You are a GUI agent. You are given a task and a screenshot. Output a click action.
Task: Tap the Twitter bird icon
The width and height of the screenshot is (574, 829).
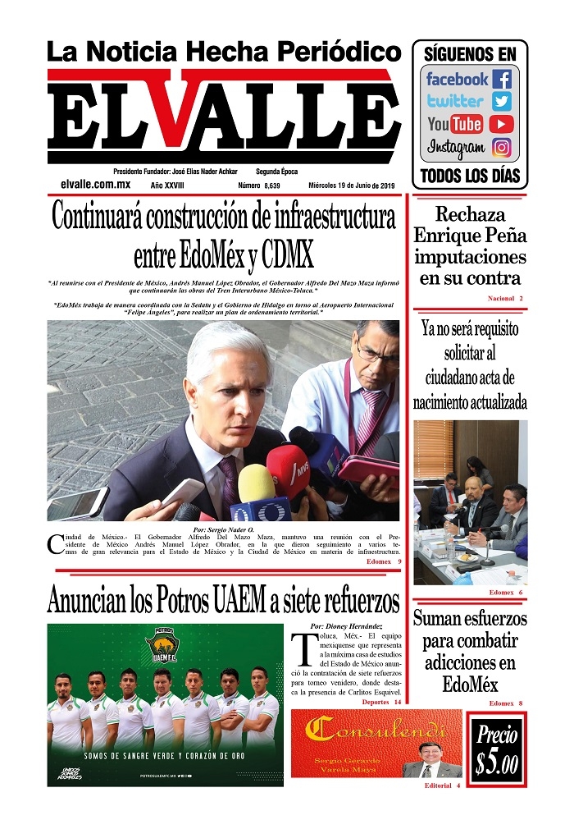pyautogui.click(x=502, y=102)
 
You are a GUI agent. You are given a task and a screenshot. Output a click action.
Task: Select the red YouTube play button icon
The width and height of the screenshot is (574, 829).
pyautogui.click(x=501, y=125)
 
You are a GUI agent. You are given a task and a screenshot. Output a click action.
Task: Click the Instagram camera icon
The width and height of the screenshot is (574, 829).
pyautogui.click(x=502, y=148)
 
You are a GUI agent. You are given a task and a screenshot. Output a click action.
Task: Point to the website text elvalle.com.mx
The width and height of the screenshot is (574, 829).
pyautogui.click(x=96, y=185)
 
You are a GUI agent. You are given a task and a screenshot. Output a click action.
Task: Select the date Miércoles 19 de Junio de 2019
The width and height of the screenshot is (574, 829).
pyautogui.click(x=352, y=186)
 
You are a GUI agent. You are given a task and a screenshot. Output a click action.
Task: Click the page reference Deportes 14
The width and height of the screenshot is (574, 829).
pyautogui.click(x=381, y=703)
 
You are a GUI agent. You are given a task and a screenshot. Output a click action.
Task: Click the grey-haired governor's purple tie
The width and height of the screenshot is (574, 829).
pyautogui.click(x=227, y=479)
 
